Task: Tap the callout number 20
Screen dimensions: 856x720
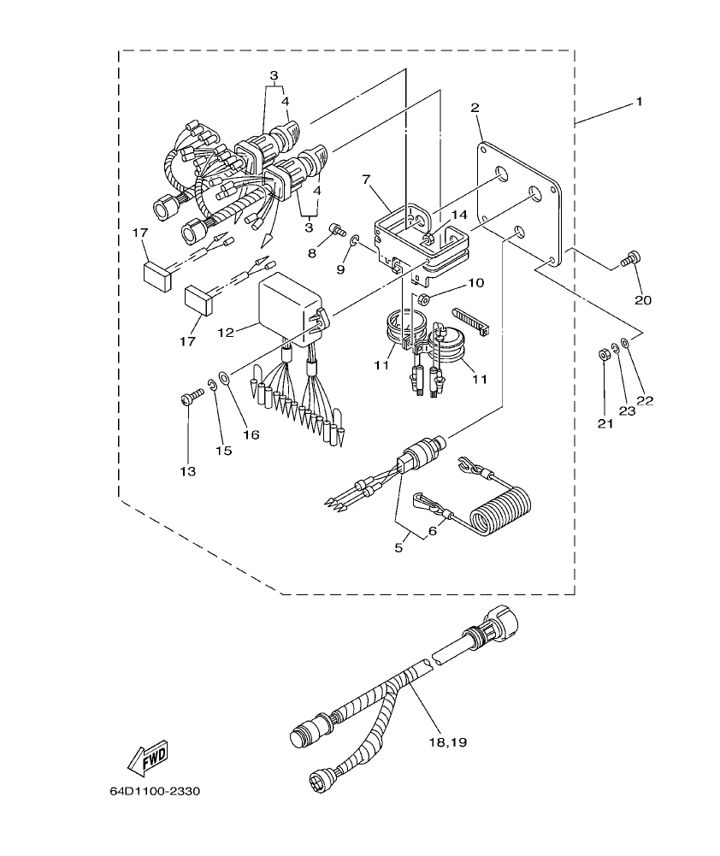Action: point(642,299)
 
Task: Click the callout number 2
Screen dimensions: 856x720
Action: point(475,108)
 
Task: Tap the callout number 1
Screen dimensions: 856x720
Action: point(637,102)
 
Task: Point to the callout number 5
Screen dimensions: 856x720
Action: point(398,547)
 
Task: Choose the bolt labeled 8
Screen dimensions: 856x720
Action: point(337,228)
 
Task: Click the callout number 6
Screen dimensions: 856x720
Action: point(433,531)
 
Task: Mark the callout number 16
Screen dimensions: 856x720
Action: point(251,434)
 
